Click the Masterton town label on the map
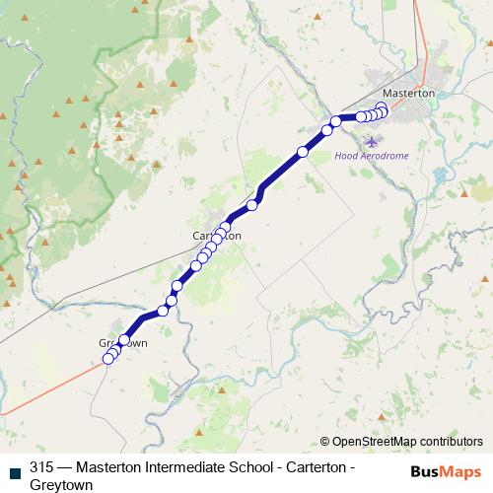407,92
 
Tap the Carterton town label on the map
216,237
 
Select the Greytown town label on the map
122,343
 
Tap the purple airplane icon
371,141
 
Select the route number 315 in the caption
41,468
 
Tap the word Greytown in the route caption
61,485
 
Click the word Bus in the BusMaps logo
425,471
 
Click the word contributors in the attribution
450,442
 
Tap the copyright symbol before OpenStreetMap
325,442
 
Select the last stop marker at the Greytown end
108,359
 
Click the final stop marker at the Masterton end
383,107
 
